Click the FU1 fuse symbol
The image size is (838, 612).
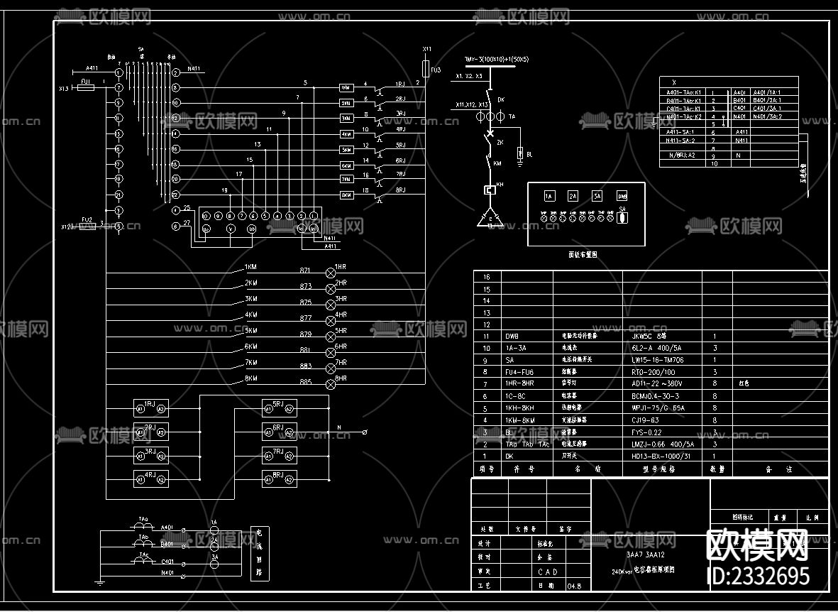pyautogui.click(x=85, y=87)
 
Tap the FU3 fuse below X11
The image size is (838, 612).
pyautogui.click(x=426, y=68)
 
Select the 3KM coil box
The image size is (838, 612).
pyautogui.click(x=346, y=119)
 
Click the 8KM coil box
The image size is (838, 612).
pyautogui.click(x=346, y=195)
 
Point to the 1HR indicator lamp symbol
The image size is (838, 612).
pyautogui.click(x=330, y=272)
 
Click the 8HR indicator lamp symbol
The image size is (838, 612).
pyautogui.click(x=330, y=384)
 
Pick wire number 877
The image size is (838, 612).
pyautogui.click(x=306, y=318)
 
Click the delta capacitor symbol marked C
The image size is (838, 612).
pyautogui.click(x=489, y=219)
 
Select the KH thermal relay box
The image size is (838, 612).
pyautogui.click(x=489, y=190)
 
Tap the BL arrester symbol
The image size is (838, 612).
pyautogui.click(x=521, y=153)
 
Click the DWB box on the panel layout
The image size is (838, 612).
pyautogui.click(x=622, y=196)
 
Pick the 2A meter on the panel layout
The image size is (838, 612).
pyautogui.click(x=573, y=196)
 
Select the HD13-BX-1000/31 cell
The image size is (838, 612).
pyautogui.click(x=661, y=456)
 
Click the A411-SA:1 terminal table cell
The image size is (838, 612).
pyautogui.click(x=680, y=131)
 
